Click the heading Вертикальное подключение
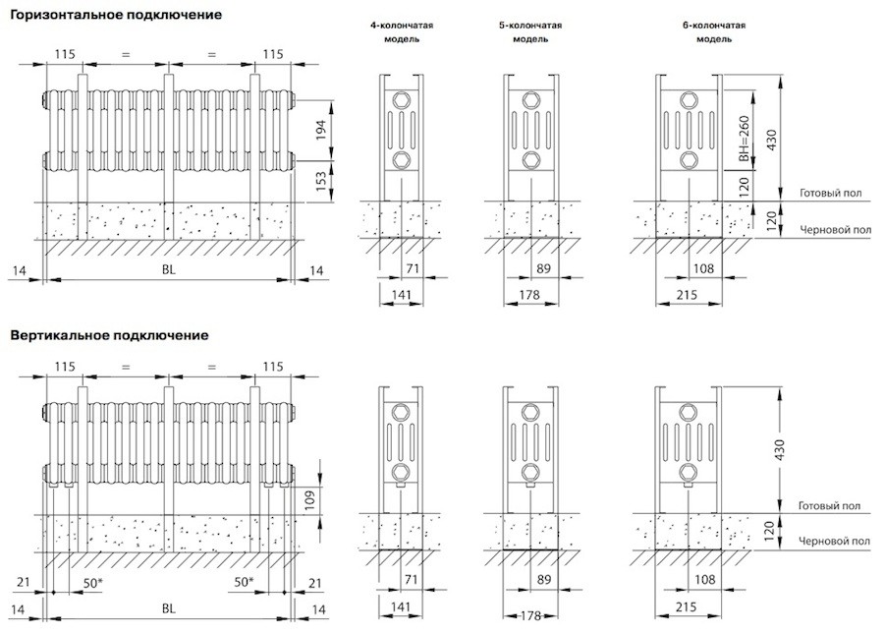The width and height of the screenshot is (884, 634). click(109, 335)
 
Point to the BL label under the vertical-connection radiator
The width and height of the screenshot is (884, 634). click(167, 610)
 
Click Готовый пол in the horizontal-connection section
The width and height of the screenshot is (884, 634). click(831, 194)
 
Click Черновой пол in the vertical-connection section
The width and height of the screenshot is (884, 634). click(835, 541)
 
